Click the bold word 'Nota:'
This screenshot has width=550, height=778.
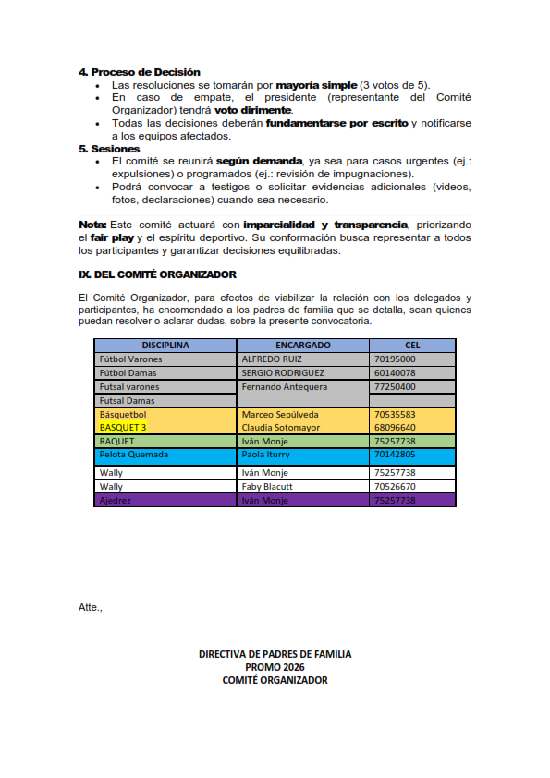pos(92,225)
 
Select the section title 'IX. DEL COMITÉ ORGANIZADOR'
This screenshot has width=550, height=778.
pos(157,274)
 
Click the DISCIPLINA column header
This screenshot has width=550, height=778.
pos(165,345)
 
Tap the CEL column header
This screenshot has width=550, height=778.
pos(412,345)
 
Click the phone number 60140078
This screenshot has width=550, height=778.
pos(395,372)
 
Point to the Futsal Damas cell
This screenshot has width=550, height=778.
pos(127,401)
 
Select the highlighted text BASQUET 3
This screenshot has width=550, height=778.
pos(123,428)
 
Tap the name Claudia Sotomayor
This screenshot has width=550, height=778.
pos(281,428)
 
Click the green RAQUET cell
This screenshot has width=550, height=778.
pos(116,442)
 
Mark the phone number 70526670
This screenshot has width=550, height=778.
pos(395,486)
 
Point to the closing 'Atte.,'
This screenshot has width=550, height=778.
pos(91,607)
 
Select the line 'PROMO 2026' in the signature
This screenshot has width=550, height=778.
pos(275,667)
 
